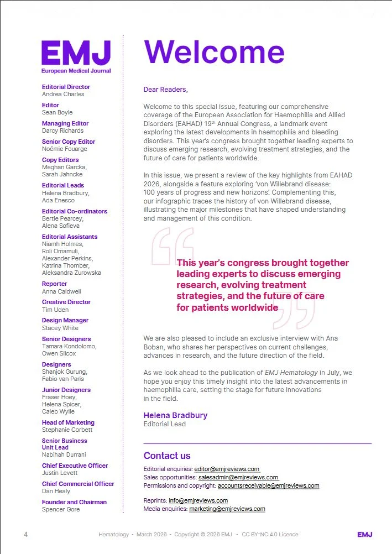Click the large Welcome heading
214,51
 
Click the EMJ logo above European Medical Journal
76,54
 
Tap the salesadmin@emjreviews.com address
238,477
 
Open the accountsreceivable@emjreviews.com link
268,485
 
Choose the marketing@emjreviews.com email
227,509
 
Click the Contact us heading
167,456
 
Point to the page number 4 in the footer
25,535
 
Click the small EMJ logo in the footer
364,535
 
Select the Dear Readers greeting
165,89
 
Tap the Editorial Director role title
66,87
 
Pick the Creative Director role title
66,302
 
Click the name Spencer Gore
61,509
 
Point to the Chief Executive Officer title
75,466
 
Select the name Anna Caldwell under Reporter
61,291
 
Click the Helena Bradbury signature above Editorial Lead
175,415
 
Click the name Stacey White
60,328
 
